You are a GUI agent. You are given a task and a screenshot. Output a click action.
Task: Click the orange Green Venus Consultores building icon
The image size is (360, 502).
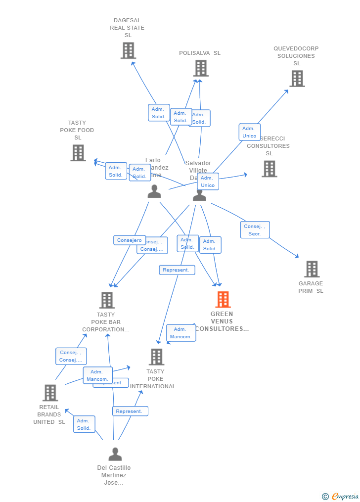223,299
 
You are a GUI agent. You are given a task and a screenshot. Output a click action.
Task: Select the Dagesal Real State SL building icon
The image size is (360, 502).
128,50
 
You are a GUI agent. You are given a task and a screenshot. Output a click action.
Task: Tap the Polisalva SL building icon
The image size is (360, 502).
201,68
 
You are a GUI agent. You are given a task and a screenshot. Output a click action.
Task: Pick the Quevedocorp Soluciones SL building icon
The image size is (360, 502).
297,78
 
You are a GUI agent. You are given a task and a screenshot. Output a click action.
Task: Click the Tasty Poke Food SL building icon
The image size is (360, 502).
78,153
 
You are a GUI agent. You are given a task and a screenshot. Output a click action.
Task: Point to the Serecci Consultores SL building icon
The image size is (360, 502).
269,169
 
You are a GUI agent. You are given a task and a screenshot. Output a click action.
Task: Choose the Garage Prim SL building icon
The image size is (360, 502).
312,269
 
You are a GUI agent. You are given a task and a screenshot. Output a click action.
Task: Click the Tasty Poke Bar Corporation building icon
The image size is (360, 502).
107,300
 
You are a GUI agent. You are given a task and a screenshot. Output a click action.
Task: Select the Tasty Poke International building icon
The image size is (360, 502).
156,357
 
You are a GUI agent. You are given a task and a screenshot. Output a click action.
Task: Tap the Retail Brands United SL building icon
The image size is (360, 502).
50,393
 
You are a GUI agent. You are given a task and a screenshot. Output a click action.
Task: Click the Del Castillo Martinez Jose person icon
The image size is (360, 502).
115,454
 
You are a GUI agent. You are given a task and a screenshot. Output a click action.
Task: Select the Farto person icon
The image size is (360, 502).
154,191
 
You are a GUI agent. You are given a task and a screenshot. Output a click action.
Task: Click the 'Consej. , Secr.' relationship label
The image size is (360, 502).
255,230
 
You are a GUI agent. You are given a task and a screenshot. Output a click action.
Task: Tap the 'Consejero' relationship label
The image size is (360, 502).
130,240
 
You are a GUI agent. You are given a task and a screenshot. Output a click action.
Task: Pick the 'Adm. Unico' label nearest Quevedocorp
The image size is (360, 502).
249,132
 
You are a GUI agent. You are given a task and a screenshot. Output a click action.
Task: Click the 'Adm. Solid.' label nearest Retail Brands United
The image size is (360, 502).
84,424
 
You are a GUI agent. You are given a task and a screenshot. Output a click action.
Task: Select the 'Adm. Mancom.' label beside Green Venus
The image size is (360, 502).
180,333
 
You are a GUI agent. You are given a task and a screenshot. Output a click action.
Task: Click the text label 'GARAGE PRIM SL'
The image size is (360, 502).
311,287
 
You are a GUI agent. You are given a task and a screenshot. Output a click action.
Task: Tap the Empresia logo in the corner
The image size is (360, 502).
341,496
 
